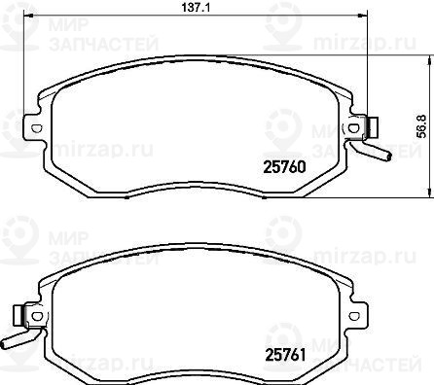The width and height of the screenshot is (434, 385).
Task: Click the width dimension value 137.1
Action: [x=196, y=7]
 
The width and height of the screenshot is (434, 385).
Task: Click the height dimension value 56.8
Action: [x=422, y=125]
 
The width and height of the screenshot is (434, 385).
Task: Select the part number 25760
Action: [x=284, y=167]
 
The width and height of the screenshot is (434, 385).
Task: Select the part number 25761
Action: [x=286, y=355]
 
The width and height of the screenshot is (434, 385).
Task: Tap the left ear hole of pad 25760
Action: [x=37, y=128]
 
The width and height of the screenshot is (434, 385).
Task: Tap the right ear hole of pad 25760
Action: [x=353, y=128]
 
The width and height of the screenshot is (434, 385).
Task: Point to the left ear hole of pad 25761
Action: [x=37, y=316]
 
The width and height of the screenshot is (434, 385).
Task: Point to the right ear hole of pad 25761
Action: [x=353, y=316]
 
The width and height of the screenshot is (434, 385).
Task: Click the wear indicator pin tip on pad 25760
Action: [x=388, y=157]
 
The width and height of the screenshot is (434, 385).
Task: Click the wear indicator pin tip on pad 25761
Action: [x=4, y=344]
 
